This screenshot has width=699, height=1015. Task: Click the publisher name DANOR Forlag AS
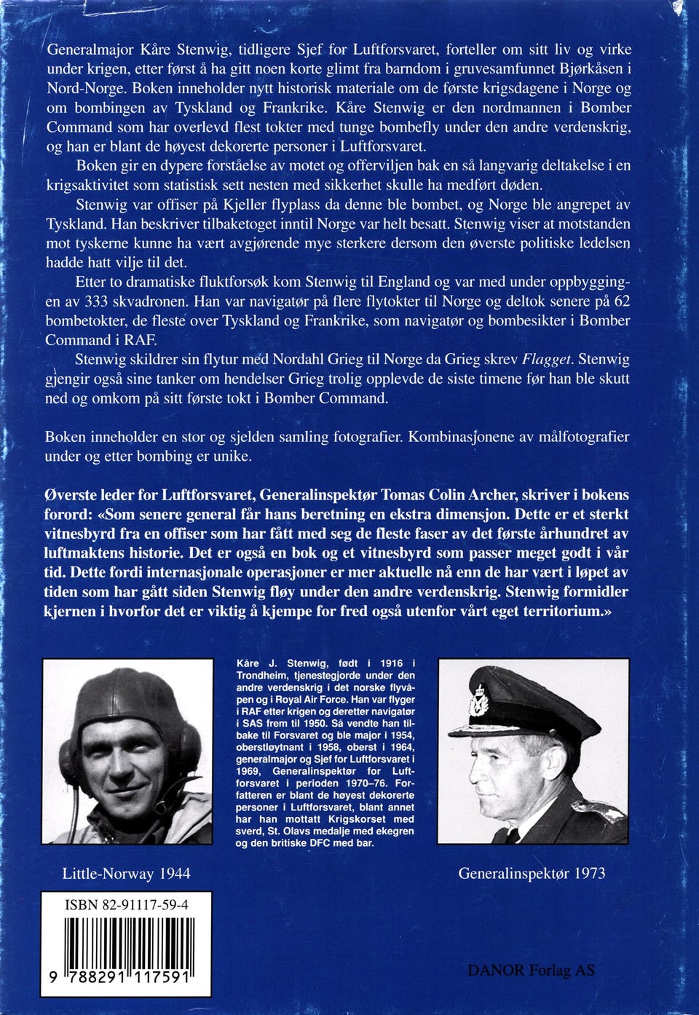[531, 970]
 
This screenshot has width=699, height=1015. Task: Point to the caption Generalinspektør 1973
[532, 873]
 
